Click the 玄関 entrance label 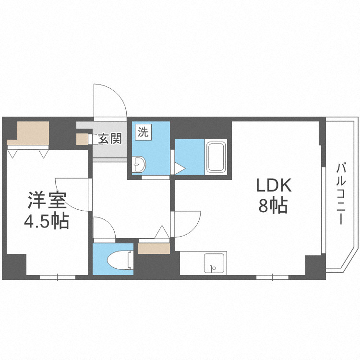[110, 139]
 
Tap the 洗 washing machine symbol [143, 132]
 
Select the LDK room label [273, 185]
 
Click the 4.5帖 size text [47, 221]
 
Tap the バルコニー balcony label [341, 194]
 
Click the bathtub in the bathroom [216, 157]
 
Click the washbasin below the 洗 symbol [139, 164]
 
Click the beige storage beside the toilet [154, 248]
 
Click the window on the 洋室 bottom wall [57, 277]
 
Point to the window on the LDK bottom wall [272, 277]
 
